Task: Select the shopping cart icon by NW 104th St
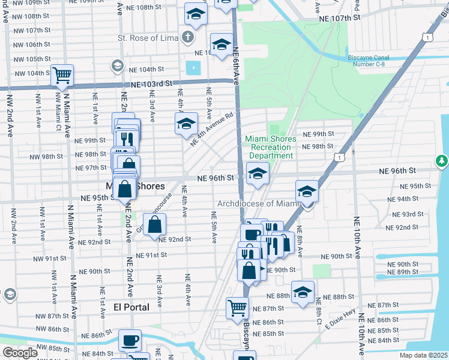(62, 76)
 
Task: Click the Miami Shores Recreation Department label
(271, 147)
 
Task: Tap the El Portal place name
(131, 307)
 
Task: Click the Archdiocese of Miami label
(258, 204)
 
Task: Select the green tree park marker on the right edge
(442, 161)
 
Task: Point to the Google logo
(20, 353)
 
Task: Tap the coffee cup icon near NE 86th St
(130, 341)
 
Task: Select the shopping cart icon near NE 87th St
(237, 308)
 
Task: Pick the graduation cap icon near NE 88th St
(303, 292)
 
